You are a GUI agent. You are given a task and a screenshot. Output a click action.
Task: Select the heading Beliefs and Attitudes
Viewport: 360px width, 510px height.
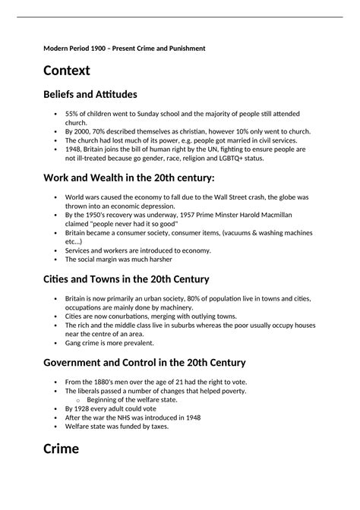(x=90, y=95)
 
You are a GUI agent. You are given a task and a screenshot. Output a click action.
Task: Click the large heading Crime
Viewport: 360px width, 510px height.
(x=62, y=449)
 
